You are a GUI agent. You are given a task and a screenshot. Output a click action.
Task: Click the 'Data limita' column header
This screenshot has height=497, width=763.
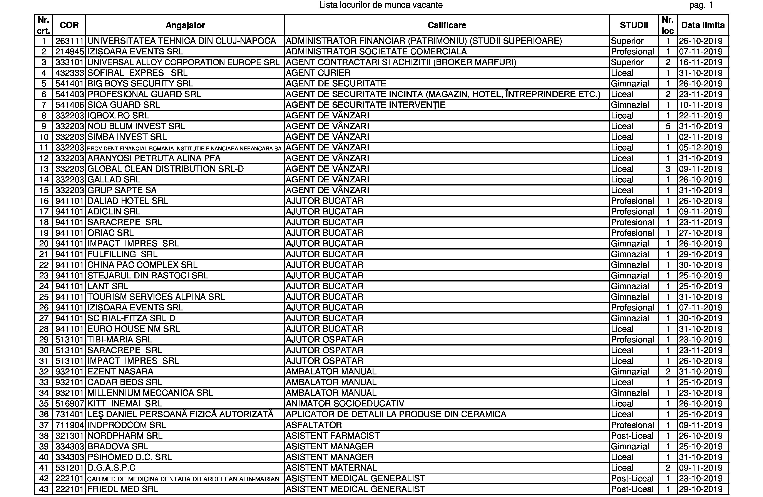click(703, 25)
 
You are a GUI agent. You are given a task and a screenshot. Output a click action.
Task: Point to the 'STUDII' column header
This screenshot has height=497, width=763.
click(634, 25)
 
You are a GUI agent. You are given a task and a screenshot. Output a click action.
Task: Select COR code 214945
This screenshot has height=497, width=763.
click(69, 52)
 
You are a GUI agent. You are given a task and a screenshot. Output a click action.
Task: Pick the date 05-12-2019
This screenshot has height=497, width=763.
click(701, 148)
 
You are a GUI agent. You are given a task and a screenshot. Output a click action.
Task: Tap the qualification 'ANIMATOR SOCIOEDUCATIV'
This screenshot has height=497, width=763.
click(345, 404)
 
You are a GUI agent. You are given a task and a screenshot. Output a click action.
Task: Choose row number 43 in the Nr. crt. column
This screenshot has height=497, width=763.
click(44, 489)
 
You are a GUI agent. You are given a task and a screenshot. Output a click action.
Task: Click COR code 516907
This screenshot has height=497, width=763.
click(69, 404)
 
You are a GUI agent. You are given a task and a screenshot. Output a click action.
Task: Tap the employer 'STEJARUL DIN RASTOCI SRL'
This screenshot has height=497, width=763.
click(147, 276)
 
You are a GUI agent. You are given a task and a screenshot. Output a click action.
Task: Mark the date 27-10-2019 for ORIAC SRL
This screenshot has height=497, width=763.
click(701, 233)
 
